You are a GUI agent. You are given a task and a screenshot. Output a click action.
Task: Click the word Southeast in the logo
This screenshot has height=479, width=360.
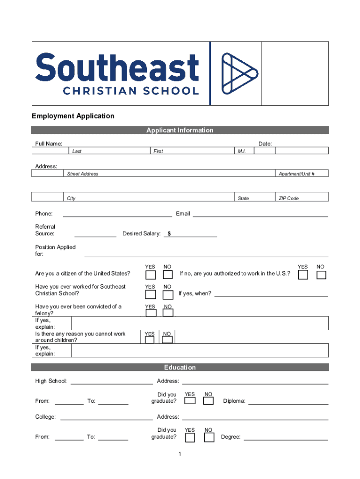point(117,68)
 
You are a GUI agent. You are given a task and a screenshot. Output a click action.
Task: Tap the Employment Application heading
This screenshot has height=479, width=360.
point(73,116)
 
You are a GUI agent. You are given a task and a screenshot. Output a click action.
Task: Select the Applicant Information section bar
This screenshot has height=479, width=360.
point(180,130)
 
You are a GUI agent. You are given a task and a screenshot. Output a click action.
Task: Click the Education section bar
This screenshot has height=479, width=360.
point(180,368)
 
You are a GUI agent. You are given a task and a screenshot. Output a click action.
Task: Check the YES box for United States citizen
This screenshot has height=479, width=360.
point(150,274)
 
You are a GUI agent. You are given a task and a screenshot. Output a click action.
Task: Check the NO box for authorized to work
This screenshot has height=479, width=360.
point(321,275)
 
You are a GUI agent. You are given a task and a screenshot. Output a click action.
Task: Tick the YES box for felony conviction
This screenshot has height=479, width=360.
point(150,312)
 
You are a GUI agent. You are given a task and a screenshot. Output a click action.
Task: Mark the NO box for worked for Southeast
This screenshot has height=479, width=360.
point(167,295)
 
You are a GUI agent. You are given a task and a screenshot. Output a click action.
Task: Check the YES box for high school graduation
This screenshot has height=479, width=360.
point(190,401)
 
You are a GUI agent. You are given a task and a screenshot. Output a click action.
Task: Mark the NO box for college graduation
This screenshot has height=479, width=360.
point(209,437)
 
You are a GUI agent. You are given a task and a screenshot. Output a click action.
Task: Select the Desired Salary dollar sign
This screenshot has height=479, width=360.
point(169,234)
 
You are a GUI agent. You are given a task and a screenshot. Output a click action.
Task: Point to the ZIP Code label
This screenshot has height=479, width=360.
point(288,198)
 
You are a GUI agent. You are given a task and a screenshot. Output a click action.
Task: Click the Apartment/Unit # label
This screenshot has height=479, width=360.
point(296,174)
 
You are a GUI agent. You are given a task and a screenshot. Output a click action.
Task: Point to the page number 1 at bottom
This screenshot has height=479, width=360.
point(180,454)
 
